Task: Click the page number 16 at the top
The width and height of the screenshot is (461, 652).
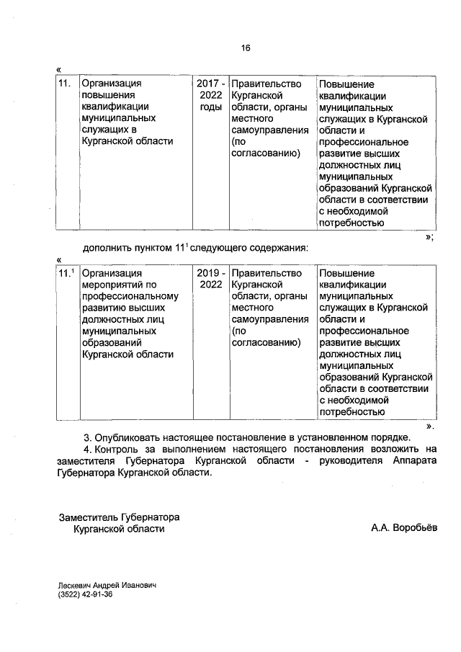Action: pos(246,48)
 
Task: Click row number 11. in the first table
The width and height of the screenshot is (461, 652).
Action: pos(66,84)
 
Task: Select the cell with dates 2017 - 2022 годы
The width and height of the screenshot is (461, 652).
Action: pos(211,95)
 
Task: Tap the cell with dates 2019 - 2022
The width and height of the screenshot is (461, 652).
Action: pos(211,280)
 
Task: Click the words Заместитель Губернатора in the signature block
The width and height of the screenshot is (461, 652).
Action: pos(119,517)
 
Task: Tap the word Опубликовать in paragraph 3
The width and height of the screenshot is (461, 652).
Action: pos(130,437)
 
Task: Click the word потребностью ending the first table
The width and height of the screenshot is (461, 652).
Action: pos(349,223)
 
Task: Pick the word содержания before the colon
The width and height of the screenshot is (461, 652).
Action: pos(279,248)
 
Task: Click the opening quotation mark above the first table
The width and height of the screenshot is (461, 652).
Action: pos(58,70)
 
